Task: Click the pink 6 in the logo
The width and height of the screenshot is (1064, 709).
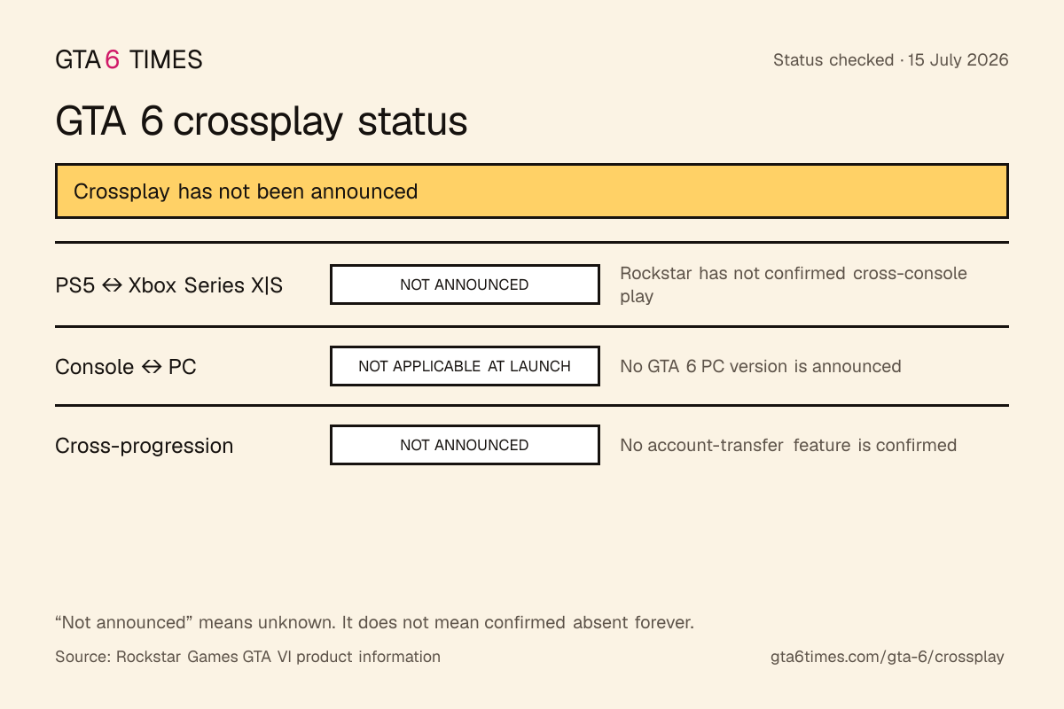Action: (112, 60)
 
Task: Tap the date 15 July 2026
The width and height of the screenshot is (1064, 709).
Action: (958, 60)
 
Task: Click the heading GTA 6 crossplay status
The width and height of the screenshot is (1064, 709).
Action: (262, 121)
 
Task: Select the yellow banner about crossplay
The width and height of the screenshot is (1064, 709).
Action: (532, 191)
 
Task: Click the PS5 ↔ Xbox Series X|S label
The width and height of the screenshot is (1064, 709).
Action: (169, 285)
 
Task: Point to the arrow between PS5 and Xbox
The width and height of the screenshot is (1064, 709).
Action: (112, 285)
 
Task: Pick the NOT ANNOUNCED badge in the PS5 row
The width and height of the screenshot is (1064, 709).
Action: (465, 284)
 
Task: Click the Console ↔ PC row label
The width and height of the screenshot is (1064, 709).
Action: (126, 367)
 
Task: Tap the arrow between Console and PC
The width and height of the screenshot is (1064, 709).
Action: (152, 367)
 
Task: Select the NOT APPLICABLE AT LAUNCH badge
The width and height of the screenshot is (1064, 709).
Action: (465, 366)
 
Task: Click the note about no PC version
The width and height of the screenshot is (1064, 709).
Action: (761, 366)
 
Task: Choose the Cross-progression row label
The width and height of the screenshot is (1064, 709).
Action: (145, 446)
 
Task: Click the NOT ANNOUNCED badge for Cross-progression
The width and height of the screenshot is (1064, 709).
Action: (465, 445)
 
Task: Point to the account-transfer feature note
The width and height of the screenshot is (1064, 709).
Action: (788, 445)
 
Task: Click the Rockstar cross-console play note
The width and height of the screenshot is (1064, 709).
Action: (794, 284)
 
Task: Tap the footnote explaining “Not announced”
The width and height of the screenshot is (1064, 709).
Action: (375, 622)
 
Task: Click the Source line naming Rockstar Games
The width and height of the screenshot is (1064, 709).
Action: (248, 657)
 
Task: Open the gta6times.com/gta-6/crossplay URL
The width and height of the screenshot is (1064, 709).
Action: (888, 657)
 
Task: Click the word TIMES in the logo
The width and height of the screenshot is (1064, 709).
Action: (166, 60)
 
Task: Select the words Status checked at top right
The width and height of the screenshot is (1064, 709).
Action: (833, 60)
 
